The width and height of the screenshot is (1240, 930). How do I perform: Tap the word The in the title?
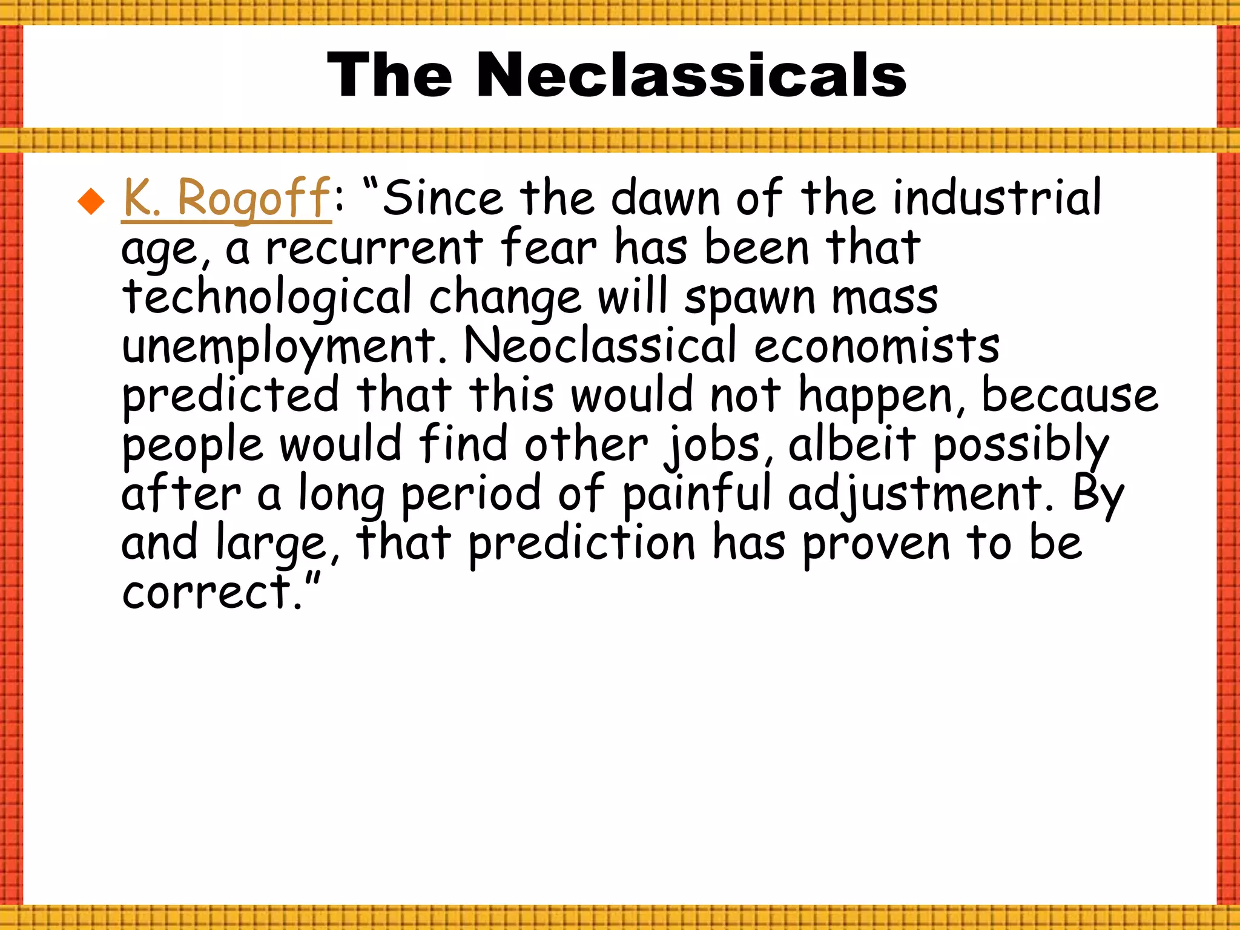click(389, 75)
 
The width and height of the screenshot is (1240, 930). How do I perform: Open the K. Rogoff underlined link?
click(227, 199)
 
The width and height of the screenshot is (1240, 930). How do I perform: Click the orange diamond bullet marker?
click(91, 202)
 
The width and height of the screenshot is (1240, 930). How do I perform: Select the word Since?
click(443, 199)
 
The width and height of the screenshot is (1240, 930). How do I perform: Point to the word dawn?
click(666, 199)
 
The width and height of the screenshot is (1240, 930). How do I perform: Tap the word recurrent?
click(374, 248)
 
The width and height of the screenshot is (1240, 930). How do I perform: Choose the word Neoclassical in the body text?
click(600, 346)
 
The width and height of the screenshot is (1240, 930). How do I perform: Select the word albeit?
click(852, 444)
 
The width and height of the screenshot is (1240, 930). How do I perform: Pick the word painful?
click(697, 494)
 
